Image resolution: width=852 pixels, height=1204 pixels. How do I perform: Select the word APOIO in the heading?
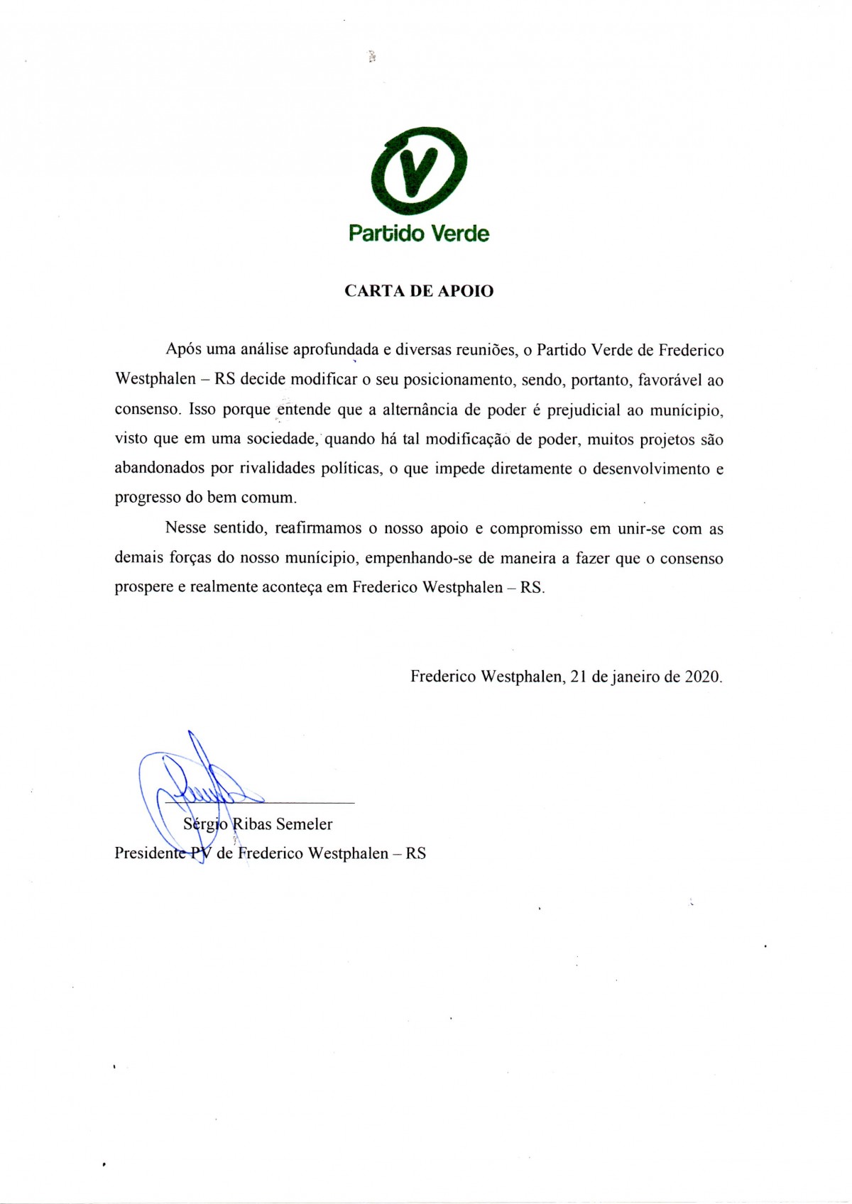coord(466,291)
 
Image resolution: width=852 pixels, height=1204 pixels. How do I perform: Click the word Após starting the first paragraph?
coord(183,349)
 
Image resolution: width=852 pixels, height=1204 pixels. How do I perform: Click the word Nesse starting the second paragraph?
coord(186,528)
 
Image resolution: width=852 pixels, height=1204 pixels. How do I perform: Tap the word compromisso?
coord(535,529)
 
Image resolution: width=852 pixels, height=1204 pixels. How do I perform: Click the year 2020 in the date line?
coord(702,677)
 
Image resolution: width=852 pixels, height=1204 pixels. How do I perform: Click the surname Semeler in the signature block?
coord(304,824)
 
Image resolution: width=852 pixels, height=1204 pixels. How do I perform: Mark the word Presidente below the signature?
coord(150,853)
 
